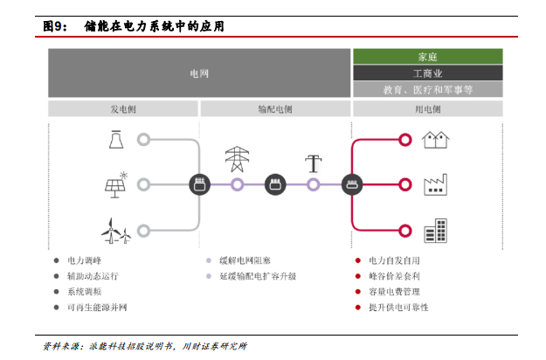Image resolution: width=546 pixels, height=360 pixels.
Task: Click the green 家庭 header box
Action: point(428,57)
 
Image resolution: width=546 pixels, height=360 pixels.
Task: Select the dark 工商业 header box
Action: point(428,73)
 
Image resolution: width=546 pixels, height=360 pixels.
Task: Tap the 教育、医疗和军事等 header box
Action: point(428,89)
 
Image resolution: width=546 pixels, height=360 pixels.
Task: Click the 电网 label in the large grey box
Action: point(199,73)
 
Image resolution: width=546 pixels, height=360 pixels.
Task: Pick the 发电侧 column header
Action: point(123,109)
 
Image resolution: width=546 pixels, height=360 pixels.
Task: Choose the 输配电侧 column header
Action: point(275,109)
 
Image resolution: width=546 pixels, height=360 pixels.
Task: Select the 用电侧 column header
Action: point(428,109)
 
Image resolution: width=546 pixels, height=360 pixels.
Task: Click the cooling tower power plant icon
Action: point(116,140)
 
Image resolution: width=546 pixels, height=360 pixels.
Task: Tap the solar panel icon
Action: point(116,185)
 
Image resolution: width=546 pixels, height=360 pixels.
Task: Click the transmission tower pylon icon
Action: point(237,159)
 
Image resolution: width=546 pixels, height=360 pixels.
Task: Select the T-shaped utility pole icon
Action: point(314,163)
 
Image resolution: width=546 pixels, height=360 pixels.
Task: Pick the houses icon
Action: point(436,140)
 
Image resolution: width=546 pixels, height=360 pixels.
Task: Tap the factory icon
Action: point(435,184)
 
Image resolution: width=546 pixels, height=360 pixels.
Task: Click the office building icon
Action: point(436,231)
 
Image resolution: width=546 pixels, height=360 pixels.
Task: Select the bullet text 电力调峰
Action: point(84,260)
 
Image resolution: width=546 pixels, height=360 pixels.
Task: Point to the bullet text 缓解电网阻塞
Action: point(245,260)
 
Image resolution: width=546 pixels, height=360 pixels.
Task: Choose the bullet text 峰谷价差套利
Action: point(394,276)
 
